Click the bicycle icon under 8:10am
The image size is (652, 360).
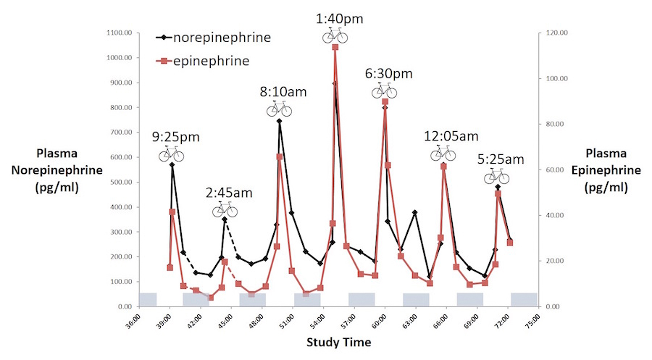pyautogui.click(x=279, y=109)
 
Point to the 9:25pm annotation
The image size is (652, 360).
pyautogui.click(x=175, y=136)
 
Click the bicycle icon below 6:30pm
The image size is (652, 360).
pyautogui.click(x=385, y=91)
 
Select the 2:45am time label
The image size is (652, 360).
pyautogui.click(x=229, y=193)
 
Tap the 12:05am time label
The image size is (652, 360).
pyautogui.click(x=451, y=136)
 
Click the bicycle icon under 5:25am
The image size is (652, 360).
pyautogui.click(x=497, y=176)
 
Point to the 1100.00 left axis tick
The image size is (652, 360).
pyautogui.click(x=117, y=33)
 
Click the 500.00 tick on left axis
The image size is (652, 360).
pyautogui.click(x=120, y=182)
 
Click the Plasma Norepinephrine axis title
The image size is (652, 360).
pyautogui.click(x=70, y=171)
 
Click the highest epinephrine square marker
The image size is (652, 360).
pyautogui.click(x=335, y=47)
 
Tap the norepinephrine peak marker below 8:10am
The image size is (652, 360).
pyautogui.click(x=279, y=121)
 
